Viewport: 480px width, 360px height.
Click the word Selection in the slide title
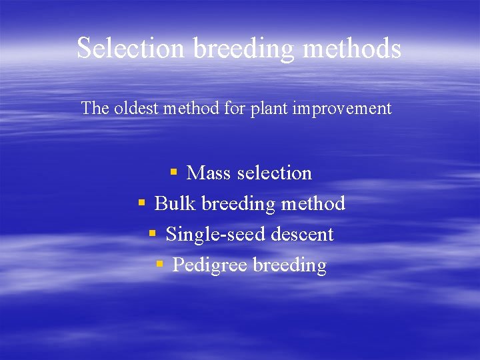click(x=131, y=49)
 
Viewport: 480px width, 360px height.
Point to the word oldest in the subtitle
click(x=137, y=108)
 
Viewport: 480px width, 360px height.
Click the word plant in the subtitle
click(x=270, y=109)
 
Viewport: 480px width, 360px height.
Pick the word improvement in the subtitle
click(x=342, y=108)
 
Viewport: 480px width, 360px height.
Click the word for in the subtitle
click(x=235, y=108)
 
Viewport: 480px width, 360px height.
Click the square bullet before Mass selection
click(x=173, y=172)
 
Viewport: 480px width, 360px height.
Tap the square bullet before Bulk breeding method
click(x=141, y=203)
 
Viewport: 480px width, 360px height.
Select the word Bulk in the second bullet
click(x=175, y=203)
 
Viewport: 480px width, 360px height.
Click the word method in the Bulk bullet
click(x=313, y=203)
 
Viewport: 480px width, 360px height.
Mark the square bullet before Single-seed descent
click(x=153, y=233)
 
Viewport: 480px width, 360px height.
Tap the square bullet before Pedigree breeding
click(x=159, y=264)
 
